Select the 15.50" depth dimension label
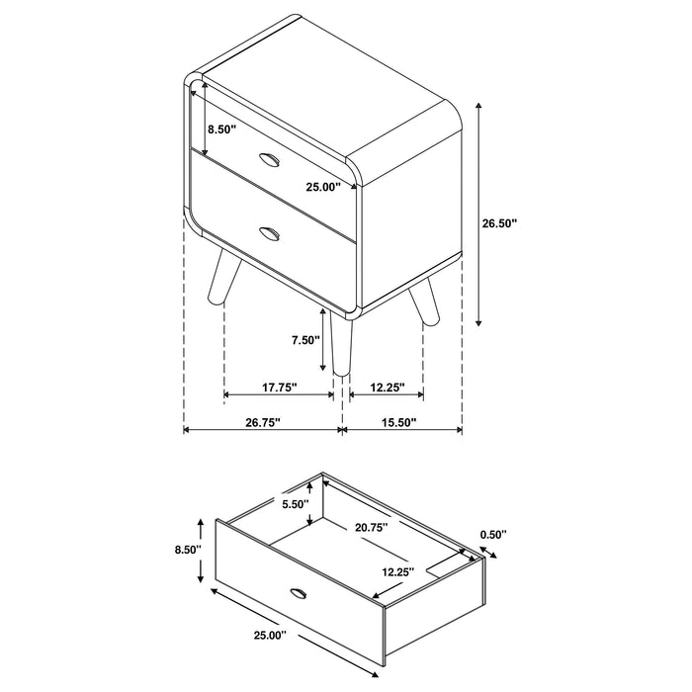(x=397, y=422)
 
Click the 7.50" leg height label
(x=305, y=340)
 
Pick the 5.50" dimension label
(x=296, y=504)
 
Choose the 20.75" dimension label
(x=371, y=528)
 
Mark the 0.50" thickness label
(x=492, y=535)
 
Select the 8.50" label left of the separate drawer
(x=186, y=549)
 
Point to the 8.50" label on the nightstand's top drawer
(x=221, y=129)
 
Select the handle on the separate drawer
(x=298, y=592)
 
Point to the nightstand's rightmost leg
(x=424, y=304)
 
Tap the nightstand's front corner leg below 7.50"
(x=342, y=346)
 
